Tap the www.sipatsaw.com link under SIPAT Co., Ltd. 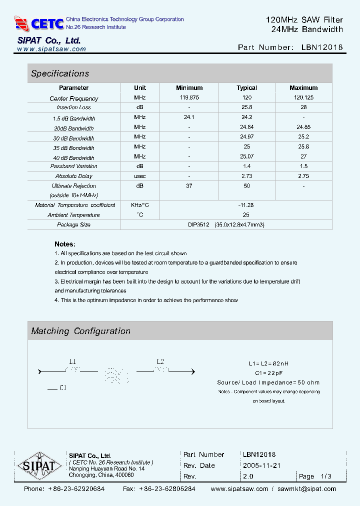[51, 49]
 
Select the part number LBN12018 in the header [322, 47]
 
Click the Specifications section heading [60, 73]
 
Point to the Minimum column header [189, 88]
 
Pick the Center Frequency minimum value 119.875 [189, 98]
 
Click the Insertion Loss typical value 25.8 [246, 107]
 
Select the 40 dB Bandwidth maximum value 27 [303, 157]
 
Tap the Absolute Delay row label [73, 176]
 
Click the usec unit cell [140, 176]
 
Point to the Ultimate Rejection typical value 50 [246, 186]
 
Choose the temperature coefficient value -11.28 [246, 205]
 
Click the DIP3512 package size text [198, 225]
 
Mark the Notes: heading [65, 244]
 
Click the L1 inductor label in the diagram [72, 361]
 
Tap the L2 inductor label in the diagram [160, 361]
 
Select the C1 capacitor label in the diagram [63, 387]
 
